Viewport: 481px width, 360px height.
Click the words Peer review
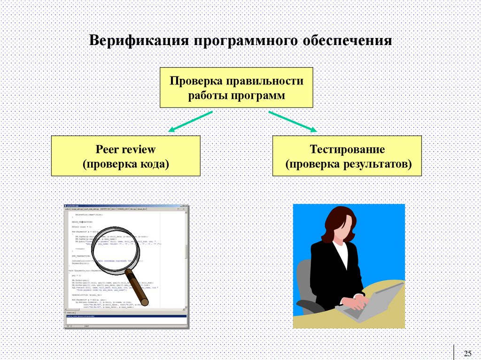coord(125,149)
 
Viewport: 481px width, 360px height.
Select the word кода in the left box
coord(155,164)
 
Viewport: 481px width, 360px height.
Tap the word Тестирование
coord(347,149)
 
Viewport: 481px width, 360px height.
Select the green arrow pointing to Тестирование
coord(292,121)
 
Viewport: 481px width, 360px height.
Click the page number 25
coord(467,353)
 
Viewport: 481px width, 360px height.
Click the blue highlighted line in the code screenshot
coord(126,316)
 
